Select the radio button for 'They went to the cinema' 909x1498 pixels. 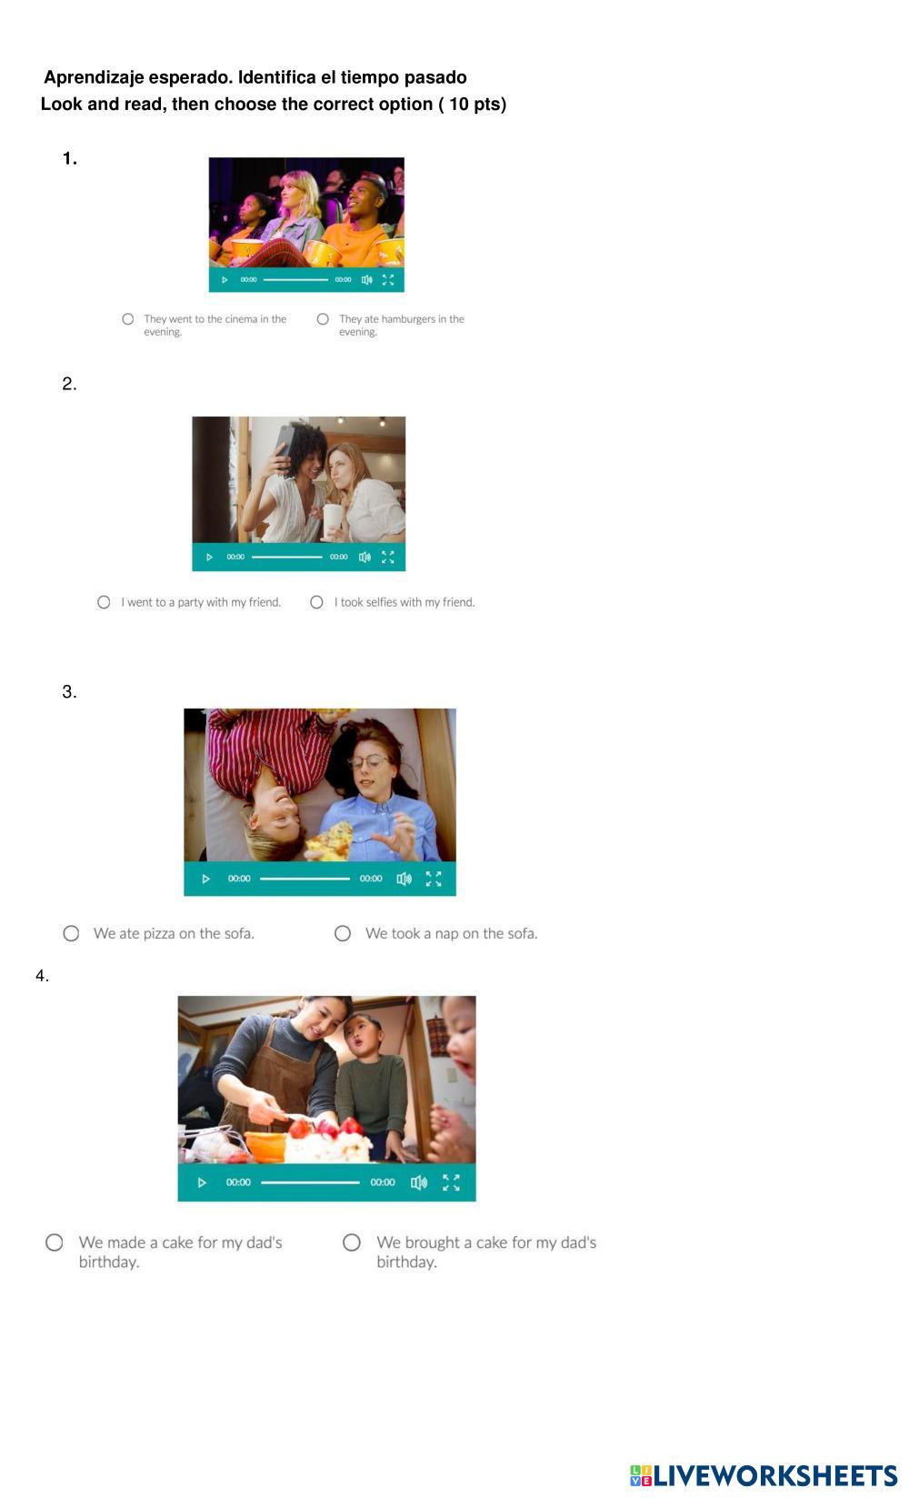(127, 319)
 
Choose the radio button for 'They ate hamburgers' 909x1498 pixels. (323, 319)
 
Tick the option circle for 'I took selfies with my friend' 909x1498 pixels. (317, 602)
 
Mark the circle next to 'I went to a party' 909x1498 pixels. (104, 602)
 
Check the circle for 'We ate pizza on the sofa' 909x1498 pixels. (71, 933)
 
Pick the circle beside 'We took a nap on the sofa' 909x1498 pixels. (342, 933)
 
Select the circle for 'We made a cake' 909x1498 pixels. (55, 1242)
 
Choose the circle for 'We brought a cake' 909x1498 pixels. (352, 1242)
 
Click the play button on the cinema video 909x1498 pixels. (225, 279)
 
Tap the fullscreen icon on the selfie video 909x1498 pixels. (387, 557)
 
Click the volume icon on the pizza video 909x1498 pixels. (404, 878)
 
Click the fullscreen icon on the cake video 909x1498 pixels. (451, 1182)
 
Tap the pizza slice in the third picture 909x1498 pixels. (330, 839)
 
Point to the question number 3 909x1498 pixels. (69, 691)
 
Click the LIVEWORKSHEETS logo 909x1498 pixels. (764, 1475)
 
